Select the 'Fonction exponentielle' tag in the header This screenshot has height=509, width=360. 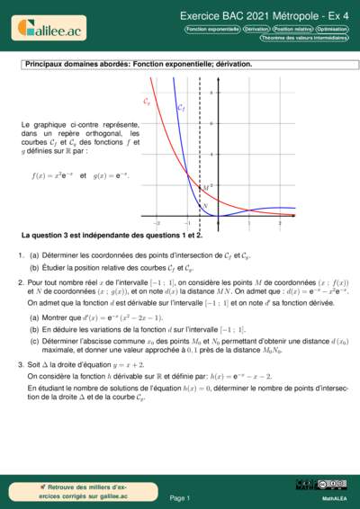pyautogui.click(x=212, y=30)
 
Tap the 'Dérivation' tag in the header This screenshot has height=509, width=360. pyautogui.click(x=256, y=30)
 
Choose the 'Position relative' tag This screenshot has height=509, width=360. pyautogui.click(x=292, y=30)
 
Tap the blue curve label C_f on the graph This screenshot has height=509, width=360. pyautogui.click(x=181, y=108)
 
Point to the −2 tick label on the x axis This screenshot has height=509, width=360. pyautogui.click(x=157, y=221)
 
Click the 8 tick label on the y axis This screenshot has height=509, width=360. pyautogui.click(x=211, y=94)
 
